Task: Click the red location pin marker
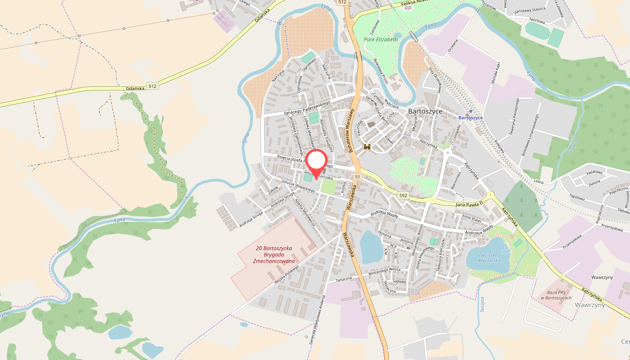click(x=317, y=162)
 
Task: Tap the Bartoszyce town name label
click(x=425, y=111)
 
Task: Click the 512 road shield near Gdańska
click(x=153, y=86)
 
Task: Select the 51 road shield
click(x=357, y=177)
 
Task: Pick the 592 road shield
click(x=403, y=195)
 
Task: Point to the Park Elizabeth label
click(x=381, y=40)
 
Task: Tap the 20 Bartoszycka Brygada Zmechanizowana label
click(x=274, y=255)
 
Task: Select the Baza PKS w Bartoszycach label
click(x=556, y=295)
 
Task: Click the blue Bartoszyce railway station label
click(x=470, y=118)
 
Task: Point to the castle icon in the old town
click(x=367, y=146)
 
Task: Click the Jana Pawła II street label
click(x=469, y=204)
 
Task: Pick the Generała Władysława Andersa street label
click(x=316, y=320)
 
